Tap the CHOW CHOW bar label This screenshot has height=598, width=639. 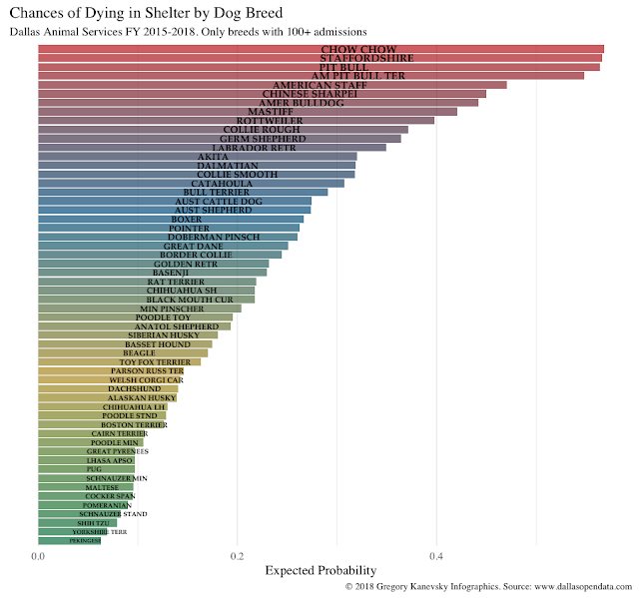point(358,49)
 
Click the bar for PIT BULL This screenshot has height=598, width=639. point(319,67)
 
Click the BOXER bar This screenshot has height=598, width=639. point(171,219)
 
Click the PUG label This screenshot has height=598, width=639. point(95,468)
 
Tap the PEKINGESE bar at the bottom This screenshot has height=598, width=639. point(69,540)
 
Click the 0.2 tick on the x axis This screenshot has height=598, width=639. point(237,556)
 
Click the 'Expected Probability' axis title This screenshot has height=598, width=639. point(319,571)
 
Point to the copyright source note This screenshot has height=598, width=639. point(488,588)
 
